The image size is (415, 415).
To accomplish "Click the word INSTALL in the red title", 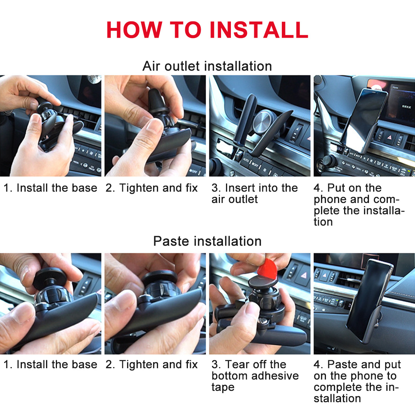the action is pos(259,30).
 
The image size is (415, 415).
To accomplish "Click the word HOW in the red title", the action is pos(134,30).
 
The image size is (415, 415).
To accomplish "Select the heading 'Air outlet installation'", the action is pos(207,66).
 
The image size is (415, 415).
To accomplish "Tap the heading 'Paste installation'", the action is pos(207,241).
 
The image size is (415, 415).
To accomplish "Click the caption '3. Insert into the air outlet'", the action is pos(254,194).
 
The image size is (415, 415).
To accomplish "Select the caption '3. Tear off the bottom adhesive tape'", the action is pos(255,375).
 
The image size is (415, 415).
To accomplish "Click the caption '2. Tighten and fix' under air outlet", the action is pos(152,188).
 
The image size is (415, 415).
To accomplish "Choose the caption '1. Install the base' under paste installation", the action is pos(50,364).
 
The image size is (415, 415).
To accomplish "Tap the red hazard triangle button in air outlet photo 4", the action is pos(389,137).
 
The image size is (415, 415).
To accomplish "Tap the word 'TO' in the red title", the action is pos(186,30).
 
